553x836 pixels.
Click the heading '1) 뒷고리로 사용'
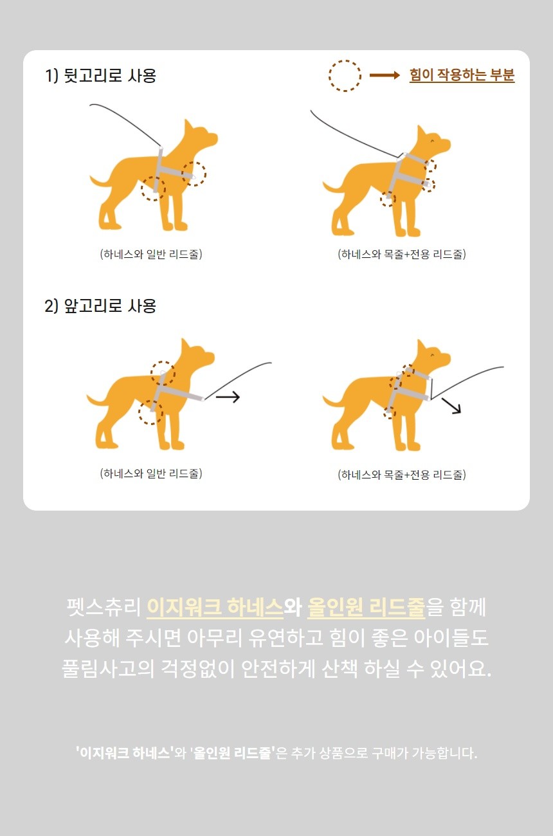click(x=100, y=75)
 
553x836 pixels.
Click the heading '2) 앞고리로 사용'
click(x=100, y=305)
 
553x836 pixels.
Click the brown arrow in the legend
click(x=385, y=75)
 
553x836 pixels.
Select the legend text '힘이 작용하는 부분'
click(x=462, y=75)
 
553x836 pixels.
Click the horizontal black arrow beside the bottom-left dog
click(x=228, y=397)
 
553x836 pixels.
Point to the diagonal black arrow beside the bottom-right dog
click(x=451, y=406)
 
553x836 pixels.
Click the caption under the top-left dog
click(x=151, y=254)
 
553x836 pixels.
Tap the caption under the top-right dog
click(x=402, y=254)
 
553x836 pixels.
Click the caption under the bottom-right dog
click(x=402, y=475)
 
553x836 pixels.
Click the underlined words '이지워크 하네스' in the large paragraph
click(x=215, y=607)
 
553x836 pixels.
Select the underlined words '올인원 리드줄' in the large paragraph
click(x=366, y=607)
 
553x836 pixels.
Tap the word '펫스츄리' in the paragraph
click(x=104, y=607)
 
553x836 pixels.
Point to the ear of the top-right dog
click(x=422, y=133)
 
